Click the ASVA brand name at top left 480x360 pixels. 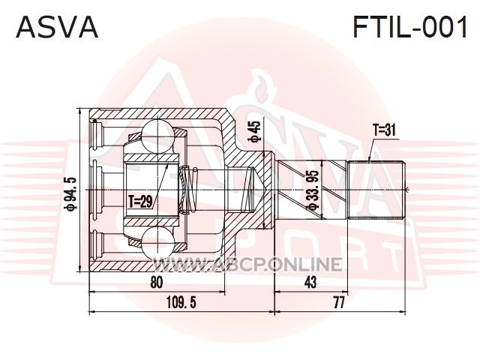pos(57,27)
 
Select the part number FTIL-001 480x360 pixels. pos(410,27)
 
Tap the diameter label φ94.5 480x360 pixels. pos(70,194)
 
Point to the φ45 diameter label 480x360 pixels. pos(254,132)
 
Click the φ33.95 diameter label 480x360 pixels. pos(314,190)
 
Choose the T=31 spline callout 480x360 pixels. pos(384,130)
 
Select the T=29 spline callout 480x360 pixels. pos(140,202)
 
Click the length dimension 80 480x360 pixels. pos(157,282)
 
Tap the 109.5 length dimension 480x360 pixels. pos(181,303)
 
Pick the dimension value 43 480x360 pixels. pos(310,282)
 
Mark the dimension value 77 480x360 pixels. pos(339,303)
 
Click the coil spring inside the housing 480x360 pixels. pos(189,190)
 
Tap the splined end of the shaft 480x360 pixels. pos(376,190)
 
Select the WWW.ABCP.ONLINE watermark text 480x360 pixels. pos(247,264)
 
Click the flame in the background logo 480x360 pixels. pos(262,87)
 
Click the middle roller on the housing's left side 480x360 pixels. pos(98,190)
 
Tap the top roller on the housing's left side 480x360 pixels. pos(98,135)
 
